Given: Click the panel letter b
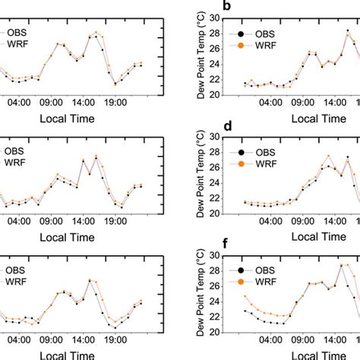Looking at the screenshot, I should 226,10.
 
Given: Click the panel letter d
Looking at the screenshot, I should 226,129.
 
